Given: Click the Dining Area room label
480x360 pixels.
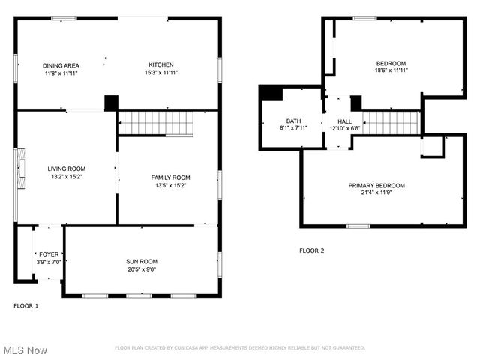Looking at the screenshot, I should tap(61, 65).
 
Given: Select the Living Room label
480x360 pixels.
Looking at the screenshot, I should tap(66, 169).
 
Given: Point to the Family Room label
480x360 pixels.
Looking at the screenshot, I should tap(170, 178).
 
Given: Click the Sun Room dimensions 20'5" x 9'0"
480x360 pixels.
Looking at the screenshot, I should tap(141, 269).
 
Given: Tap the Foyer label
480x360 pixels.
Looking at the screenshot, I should tap(48, 254).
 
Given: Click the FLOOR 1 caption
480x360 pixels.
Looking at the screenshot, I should tap(26, 305).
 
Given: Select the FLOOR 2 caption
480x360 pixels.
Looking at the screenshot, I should tap(311, 250).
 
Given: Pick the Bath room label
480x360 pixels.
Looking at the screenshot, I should tap(292, 121).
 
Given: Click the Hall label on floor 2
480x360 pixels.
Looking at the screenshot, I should tap(344, 121).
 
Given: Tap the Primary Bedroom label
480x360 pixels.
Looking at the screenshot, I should tap(376, 185).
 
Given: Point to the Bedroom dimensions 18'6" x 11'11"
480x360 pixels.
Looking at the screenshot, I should tap(391, 70).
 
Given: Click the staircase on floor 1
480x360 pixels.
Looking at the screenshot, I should tap(157, 122).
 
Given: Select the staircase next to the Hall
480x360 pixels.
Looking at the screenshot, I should tap(391, 122).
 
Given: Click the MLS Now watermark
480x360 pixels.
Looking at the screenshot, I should tap(25, 350).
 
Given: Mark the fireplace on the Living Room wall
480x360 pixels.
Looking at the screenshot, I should tap(22, 169).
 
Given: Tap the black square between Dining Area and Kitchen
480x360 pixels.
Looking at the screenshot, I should tap(111, 103).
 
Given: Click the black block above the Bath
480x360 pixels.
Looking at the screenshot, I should tap(270, 92).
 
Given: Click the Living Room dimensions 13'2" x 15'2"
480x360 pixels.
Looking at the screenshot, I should tap(66, 177).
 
